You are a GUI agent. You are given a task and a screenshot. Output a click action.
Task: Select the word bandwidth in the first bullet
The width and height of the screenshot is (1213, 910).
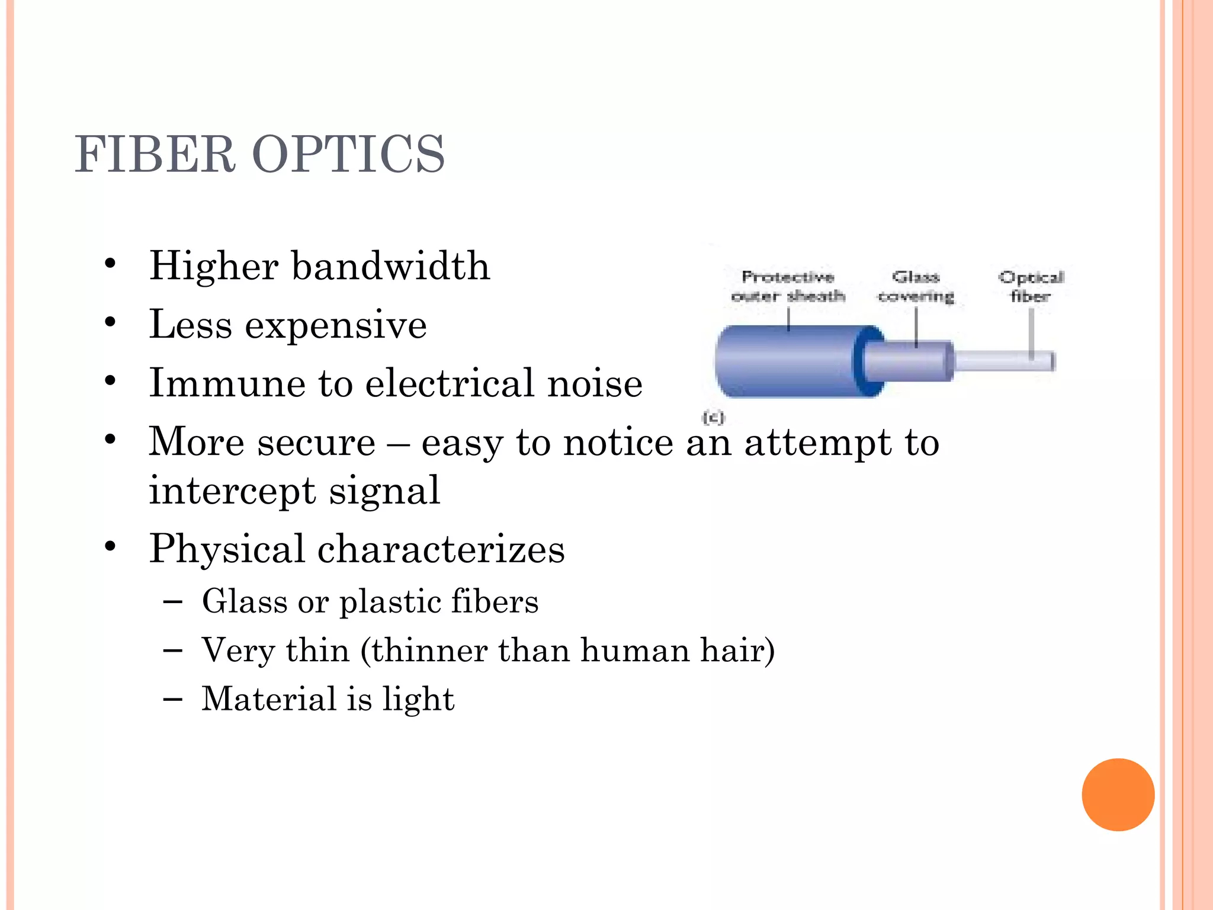click(391, 266)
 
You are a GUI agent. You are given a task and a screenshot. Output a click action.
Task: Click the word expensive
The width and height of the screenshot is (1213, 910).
click(336, 326)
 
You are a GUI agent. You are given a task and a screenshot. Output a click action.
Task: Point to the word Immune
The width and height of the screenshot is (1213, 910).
click(227, 383)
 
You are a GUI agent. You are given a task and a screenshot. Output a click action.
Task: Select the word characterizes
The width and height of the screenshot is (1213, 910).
click(441, 549)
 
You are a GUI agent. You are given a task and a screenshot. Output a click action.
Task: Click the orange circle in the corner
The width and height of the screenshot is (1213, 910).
click(1118, 794)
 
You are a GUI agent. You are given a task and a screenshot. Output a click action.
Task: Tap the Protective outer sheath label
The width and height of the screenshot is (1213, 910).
click(788, 286)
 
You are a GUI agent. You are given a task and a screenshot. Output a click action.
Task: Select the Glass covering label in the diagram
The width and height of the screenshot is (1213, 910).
click(916, 286)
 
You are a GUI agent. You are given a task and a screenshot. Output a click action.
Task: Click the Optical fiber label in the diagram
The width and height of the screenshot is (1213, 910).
click(1031, 286)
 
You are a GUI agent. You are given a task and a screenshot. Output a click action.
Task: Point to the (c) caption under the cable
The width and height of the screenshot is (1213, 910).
click(713, 418)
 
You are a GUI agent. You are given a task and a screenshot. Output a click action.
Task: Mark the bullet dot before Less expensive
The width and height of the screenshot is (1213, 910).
click(110, 323)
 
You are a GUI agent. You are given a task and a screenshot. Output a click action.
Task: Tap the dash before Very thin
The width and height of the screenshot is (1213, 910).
click(172, 651)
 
